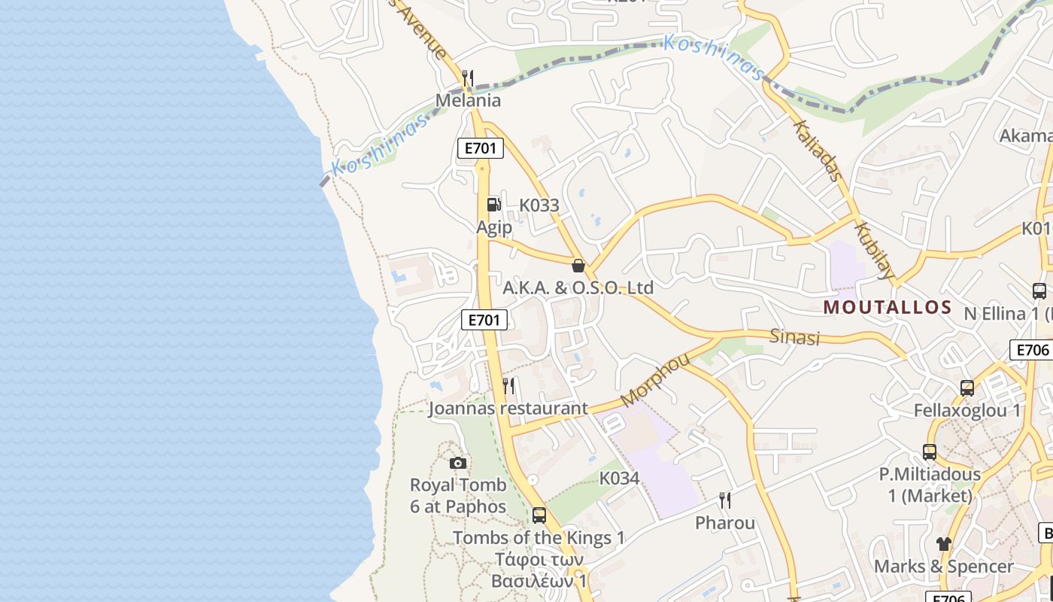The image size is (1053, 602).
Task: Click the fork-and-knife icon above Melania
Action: pos(468,78)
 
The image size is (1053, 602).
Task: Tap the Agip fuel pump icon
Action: pos(493,204)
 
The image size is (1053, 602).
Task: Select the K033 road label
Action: pos(539,205)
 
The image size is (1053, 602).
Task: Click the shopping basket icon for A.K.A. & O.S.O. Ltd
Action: pos(578,266)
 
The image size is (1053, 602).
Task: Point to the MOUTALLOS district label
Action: pos(888,307)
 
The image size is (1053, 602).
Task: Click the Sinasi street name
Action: pos(794,336)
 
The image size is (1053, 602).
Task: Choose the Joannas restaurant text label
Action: pos(508,409)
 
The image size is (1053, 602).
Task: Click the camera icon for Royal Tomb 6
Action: pos(457,463)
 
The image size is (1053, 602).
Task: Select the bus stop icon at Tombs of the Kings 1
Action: pos(539,515)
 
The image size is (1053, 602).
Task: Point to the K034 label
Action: pos(619,479)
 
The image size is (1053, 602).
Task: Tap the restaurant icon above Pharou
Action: pos(724,500)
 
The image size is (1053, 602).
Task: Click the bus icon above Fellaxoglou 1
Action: pos(967,388)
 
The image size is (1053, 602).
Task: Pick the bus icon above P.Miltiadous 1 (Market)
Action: pos(930,452)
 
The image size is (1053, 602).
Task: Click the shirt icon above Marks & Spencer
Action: pos(944,543)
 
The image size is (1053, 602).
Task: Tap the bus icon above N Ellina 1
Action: pos(1039,290)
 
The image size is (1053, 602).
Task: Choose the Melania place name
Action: pos(468,100)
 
